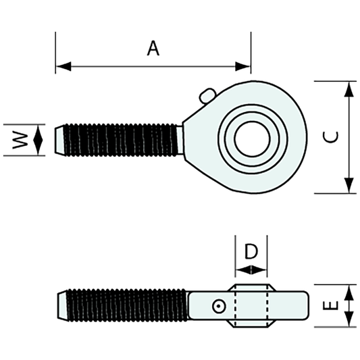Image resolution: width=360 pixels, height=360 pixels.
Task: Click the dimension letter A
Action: (154, 49)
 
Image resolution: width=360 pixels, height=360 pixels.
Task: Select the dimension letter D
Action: (251, 252)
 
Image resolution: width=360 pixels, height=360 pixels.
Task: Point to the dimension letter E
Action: (330, 305)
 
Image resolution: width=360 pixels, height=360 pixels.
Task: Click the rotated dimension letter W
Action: (22, 140)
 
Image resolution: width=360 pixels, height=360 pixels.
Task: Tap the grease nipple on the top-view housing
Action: (207, 95)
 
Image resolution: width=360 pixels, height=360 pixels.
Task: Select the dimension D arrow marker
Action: (251, 269)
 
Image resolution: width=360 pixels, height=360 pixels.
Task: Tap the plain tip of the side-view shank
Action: (62, 306)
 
